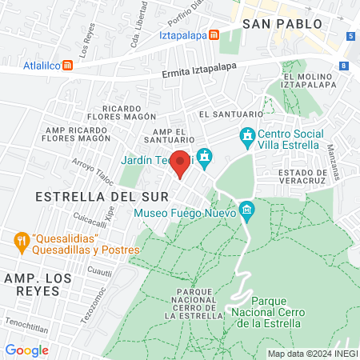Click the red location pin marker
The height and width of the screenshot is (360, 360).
[x=181, y=162]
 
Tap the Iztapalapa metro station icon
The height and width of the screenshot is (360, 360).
[x=214, y=35]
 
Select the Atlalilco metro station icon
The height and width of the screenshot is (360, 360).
[x=69, y=65]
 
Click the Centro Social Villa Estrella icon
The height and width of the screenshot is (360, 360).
[x=246, y=138]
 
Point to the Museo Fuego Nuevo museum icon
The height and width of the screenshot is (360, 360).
[x=246, y=212]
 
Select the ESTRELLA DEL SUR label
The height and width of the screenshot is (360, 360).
[x=102, y=196]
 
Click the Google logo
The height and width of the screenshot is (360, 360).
[x=26, y=350]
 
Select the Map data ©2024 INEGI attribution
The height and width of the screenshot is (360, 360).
[x=310, y=353]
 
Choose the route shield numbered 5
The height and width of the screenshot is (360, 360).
[x=350, y=36]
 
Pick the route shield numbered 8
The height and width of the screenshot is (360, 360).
[x=343, y=66]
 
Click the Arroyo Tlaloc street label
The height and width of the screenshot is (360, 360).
[x=88, y=171]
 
